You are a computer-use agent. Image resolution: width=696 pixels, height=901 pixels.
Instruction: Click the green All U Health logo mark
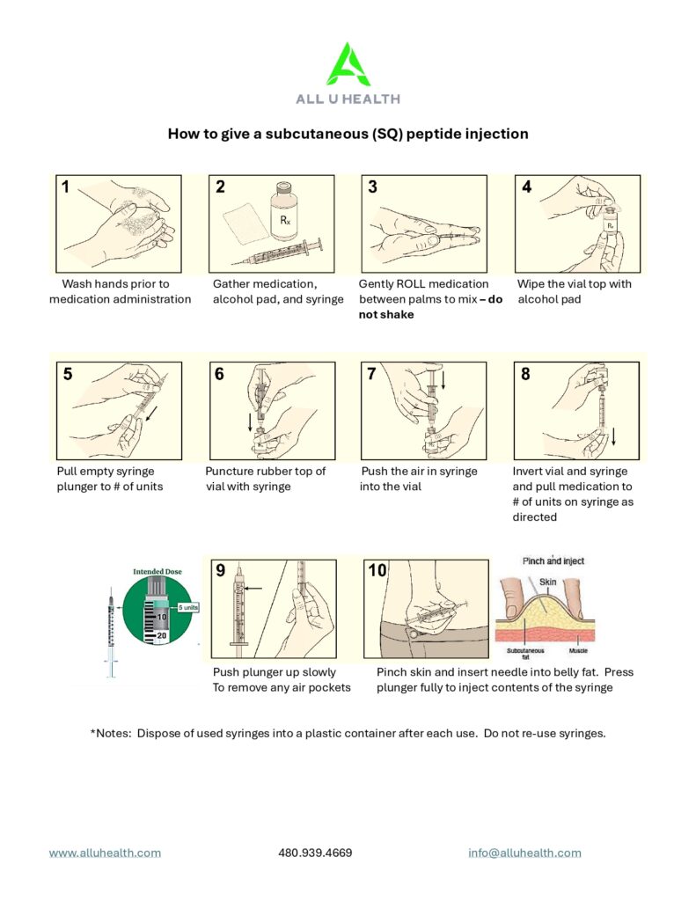[348, 64]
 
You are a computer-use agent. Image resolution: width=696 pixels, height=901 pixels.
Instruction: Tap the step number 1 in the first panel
[65, 187]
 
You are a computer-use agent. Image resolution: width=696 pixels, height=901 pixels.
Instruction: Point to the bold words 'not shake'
[386, 314]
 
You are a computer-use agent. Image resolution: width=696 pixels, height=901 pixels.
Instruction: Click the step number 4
[526, 187]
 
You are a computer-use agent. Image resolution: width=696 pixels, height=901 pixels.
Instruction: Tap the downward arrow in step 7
[443, 379]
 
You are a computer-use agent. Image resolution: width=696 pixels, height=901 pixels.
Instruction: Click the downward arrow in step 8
[614, 436]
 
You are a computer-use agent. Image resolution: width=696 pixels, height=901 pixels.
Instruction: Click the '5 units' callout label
[188, 607]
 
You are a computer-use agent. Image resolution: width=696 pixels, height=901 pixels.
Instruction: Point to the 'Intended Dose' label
[158, 572]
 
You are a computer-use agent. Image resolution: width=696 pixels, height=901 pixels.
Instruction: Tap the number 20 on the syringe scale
[162, 635]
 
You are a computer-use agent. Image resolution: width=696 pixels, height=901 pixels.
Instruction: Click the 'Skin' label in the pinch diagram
[547, 582]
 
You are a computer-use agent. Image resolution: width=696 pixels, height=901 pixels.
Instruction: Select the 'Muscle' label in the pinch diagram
[578, 650]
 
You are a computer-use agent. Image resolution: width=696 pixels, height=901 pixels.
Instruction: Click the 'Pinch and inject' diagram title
[553, 560]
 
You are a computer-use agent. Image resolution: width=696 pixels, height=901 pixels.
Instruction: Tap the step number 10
[377, 570]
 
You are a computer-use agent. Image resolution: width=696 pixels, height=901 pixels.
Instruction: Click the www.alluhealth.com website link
[106, 853]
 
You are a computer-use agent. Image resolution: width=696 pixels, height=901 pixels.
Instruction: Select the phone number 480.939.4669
[316, 853]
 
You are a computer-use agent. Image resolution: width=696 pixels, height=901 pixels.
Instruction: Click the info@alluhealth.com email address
[524, 853]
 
